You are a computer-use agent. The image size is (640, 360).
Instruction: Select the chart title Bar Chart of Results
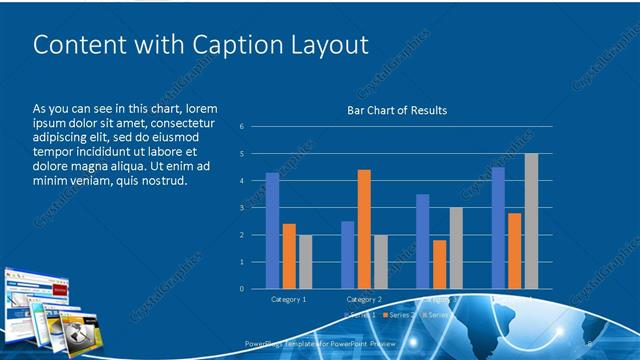click(397, 110)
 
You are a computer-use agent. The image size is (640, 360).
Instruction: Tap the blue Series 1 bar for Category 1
click(272, 231)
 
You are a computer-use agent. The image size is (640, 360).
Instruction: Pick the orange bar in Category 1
click(289, 256)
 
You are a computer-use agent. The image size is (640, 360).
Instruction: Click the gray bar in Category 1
click(306, 262)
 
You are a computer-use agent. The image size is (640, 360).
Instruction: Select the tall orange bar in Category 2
click(364, 229)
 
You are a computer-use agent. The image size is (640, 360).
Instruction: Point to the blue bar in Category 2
click(347, 255)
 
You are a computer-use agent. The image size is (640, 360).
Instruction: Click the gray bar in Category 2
click(381, 262)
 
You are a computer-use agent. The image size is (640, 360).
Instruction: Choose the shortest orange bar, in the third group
click(439, 264)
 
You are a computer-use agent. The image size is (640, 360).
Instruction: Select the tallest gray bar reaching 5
click(531, 221)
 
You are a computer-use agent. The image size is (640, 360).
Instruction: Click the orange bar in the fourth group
click(514, 251)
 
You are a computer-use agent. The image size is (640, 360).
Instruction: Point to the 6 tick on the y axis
click(242, 127)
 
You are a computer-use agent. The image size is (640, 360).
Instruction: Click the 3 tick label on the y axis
click(242, 208)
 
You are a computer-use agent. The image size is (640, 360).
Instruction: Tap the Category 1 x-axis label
click(289, 299)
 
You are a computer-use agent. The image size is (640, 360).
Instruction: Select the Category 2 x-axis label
click(364, 299)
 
